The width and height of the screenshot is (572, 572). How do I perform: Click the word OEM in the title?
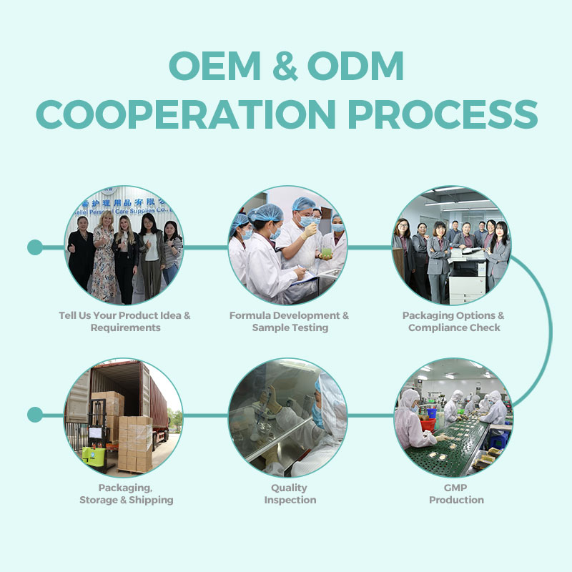pyautogui.click(x=214, y=66)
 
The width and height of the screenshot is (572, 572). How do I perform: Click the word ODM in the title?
pyautogui.click(x=355, y=66)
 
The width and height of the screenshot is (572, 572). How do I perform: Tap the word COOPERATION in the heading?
pyautogui.click(x=186, y=114)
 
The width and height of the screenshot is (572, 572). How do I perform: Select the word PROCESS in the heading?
pyautogui.click(x=443, y=114)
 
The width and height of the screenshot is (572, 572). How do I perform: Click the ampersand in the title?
pyautogui.click(x=285, y=66)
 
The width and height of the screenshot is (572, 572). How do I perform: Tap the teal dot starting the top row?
pyautogui.click(x=35, y=247)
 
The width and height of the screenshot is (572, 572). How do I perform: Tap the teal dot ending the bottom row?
pyautogui.click(x=35, y=415)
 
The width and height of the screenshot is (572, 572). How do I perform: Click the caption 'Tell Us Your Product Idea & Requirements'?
pyautogui.click(x=124, y=321)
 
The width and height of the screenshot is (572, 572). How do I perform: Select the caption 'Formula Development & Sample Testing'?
pyautogui.click(x=290, y=321)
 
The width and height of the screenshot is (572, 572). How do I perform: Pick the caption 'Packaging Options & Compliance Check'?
pyautogui.click(x=453, y=321)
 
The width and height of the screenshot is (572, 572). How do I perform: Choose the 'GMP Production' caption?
pyautogui.click(x=456, y=493)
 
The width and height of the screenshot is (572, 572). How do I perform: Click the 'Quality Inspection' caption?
pyautogui.click(x=290, y=493)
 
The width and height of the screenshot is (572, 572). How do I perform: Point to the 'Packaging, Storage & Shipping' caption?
pyautogui.click(x=127, y=493)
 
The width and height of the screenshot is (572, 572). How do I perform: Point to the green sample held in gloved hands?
pyautogui.click(x=327, y=252)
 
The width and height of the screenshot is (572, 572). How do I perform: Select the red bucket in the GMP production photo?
pyautogui.click(x=428, y=425)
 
